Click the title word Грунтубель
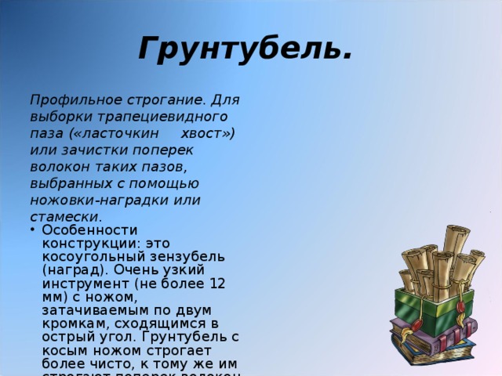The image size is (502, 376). tap(244, 49)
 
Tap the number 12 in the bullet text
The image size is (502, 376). tap(217, 283)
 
